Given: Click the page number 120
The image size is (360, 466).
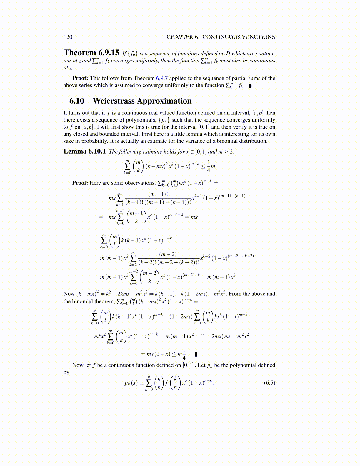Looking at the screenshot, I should click(x=68, y=37).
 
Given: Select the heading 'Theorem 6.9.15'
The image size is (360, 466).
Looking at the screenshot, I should click(x=91, y=53).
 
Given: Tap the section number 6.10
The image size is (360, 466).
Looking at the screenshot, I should click(x=77, y=101).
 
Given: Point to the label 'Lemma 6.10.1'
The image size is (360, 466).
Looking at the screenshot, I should click(x=84, y=152).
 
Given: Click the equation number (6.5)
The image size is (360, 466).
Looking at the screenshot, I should click(x=269, y=382).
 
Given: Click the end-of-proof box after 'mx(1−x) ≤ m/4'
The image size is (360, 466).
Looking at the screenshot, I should click(x=196, y=354).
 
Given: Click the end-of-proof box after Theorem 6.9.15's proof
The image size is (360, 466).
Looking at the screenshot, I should click(x=250, y=86).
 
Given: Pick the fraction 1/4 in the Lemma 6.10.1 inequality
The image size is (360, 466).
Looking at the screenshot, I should click(x=209, y=166).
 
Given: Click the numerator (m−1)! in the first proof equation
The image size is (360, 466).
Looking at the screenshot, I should click(x=158, y=194).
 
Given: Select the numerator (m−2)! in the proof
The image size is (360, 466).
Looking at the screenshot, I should click(x=169, y=254).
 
